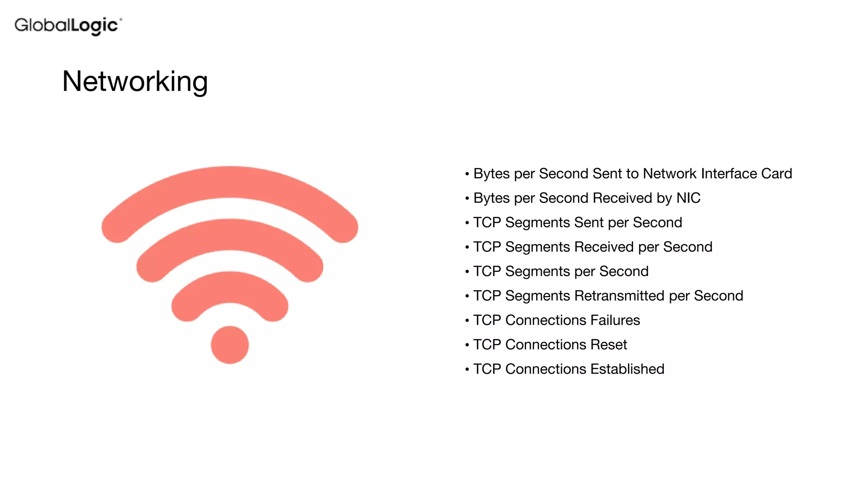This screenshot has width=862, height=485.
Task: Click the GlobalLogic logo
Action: click(68, 26)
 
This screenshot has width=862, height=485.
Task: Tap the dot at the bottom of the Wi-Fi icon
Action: click(230, 345)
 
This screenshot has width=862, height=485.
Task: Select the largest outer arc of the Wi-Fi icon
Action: click(230, 182)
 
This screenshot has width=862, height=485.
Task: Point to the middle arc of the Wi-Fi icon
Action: click(230, 235)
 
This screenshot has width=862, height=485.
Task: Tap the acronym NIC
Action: click(688, 198)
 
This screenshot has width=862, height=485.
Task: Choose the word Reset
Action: click(609, 344)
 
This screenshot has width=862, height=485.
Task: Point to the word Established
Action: click(627, 369)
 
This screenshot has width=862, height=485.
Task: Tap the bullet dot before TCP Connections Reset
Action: click(467, 345)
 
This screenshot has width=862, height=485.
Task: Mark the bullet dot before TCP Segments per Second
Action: click(467, 272)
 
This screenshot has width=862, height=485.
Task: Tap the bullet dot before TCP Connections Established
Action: click(467, 369)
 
